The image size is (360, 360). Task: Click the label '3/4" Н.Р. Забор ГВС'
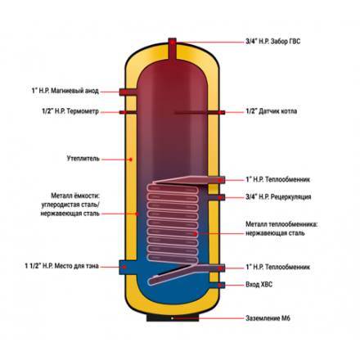[x=272, y=42]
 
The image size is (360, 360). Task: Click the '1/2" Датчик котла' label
[x=271, y=111]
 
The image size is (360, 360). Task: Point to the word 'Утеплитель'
[x=83, y=159]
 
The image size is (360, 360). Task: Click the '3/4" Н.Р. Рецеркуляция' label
[x=278, y=196]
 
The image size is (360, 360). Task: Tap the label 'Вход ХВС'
[x=259, y=285]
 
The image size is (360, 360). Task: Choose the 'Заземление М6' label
[x=268, y=318]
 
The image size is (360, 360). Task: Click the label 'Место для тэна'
[x=76, y=266]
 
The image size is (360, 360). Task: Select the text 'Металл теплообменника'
[x=281, y=224]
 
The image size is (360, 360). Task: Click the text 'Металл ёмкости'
[x=75, y=196]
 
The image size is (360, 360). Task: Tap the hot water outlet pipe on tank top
[x=172, y=48]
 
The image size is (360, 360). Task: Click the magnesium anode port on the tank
[x=128, y=92]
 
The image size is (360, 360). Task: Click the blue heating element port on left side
[x=128, y=267]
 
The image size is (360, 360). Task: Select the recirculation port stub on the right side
[x=217, y=197]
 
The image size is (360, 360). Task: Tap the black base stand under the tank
[x=173, y=317]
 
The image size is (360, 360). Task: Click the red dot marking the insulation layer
[x=131, y=160]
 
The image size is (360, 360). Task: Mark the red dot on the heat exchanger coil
[x=195, y=234]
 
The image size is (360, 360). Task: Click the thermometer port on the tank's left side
[x=128, y=112]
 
